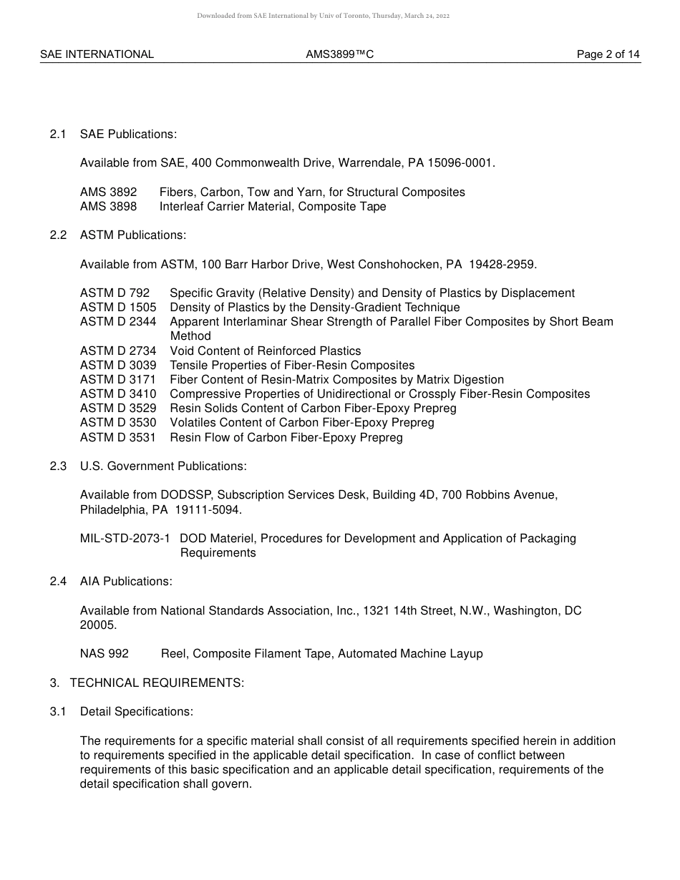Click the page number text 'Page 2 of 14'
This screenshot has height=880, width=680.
pyautogui.click(x=608, y=54)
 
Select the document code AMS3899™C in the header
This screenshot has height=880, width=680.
pyautogui.click(x=339, y=54)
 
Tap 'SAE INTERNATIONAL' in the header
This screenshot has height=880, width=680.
pyautogui.click(x=97, y=54)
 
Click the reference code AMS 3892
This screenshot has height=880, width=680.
pyautogui.click(x=108, y=192)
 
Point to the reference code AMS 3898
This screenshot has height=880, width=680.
pyautogui.click(x=108, y=207)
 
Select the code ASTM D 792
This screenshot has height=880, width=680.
pyautogui.click(x=115, y=293)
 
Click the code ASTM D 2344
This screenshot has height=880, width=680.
pyautogui.click(x=118, y=322)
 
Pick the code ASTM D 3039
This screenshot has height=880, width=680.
pyautogui.click(x=118, y=366)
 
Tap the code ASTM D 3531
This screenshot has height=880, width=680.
pyautogui.click(x=118, y=438)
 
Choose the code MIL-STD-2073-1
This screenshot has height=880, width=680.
pyautogui.click(x=125, y=539)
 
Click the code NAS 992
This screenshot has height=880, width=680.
pyautogui.click(x=105, y=654)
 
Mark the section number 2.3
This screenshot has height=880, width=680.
pyautogui.click(x=58, y=466)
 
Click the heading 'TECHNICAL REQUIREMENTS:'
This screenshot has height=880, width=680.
pyautogui.click(x=157, y=683)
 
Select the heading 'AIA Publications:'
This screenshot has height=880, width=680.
pyautogui.click(x=126, y=582)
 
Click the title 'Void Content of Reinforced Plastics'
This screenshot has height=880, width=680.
pyautogui.click(x=266, y=351)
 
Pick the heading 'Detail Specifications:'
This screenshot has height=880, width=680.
pyautogui.click(x=137, y=712)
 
